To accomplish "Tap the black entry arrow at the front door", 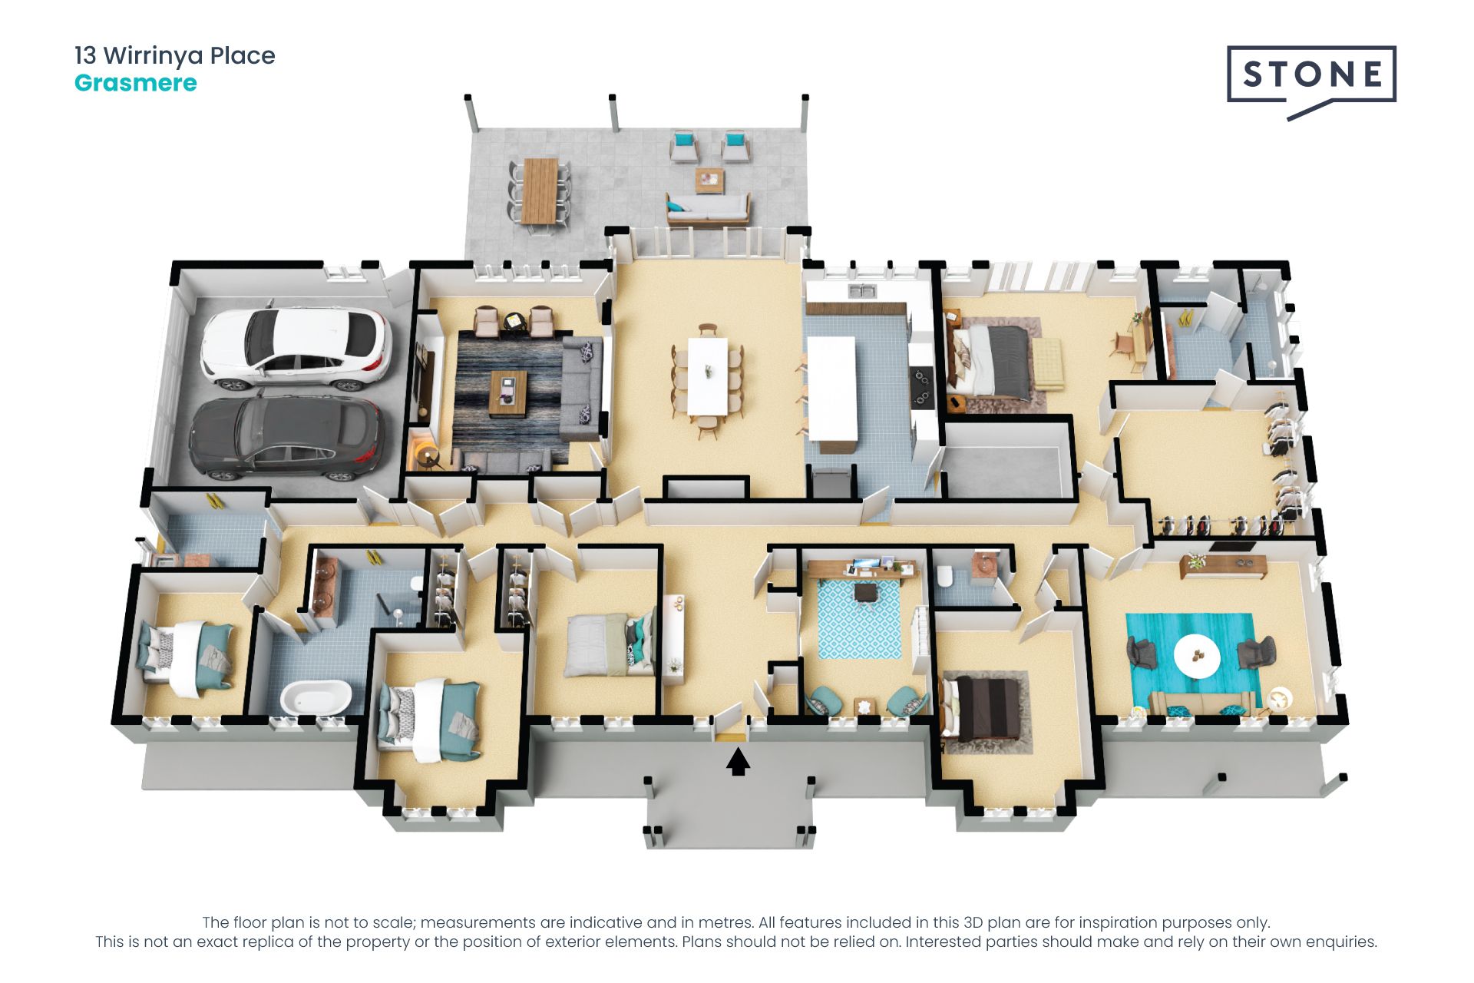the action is [x=738, y=763].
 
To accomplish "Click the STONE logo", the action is [x=1311, y=81].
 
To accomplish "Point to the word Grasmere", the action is [x=136, y=83].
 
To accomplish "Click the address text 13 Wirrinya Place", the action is [x=175, y=55].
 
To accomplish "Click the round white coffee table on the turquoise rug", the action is [x=1197, y=657].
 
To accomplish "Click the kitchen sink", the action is [x=863, y=291].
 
